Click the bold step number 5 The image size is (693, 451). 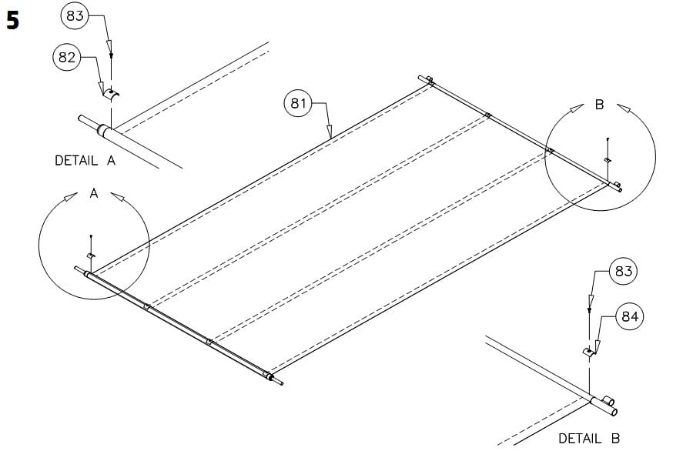[12, 21]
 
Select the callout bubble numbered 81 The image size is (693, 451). [298, 102]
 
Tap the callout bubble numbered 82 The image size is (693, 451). [67, 57]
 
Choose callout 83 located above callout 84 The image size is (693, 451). [624, 271]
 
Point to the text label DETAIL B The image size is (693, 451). [589, 438]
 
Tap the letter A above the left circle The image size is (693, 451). [94, 194]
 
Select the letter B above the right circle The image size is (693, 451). [599, 105]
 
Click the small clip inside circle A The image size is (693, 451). [91, 255]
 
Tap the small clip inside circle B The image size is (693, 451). [608, 159]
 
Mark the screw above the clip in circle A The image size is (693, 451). [91, 236]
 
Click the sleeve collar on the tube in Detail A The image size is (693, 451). [102, 130]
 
